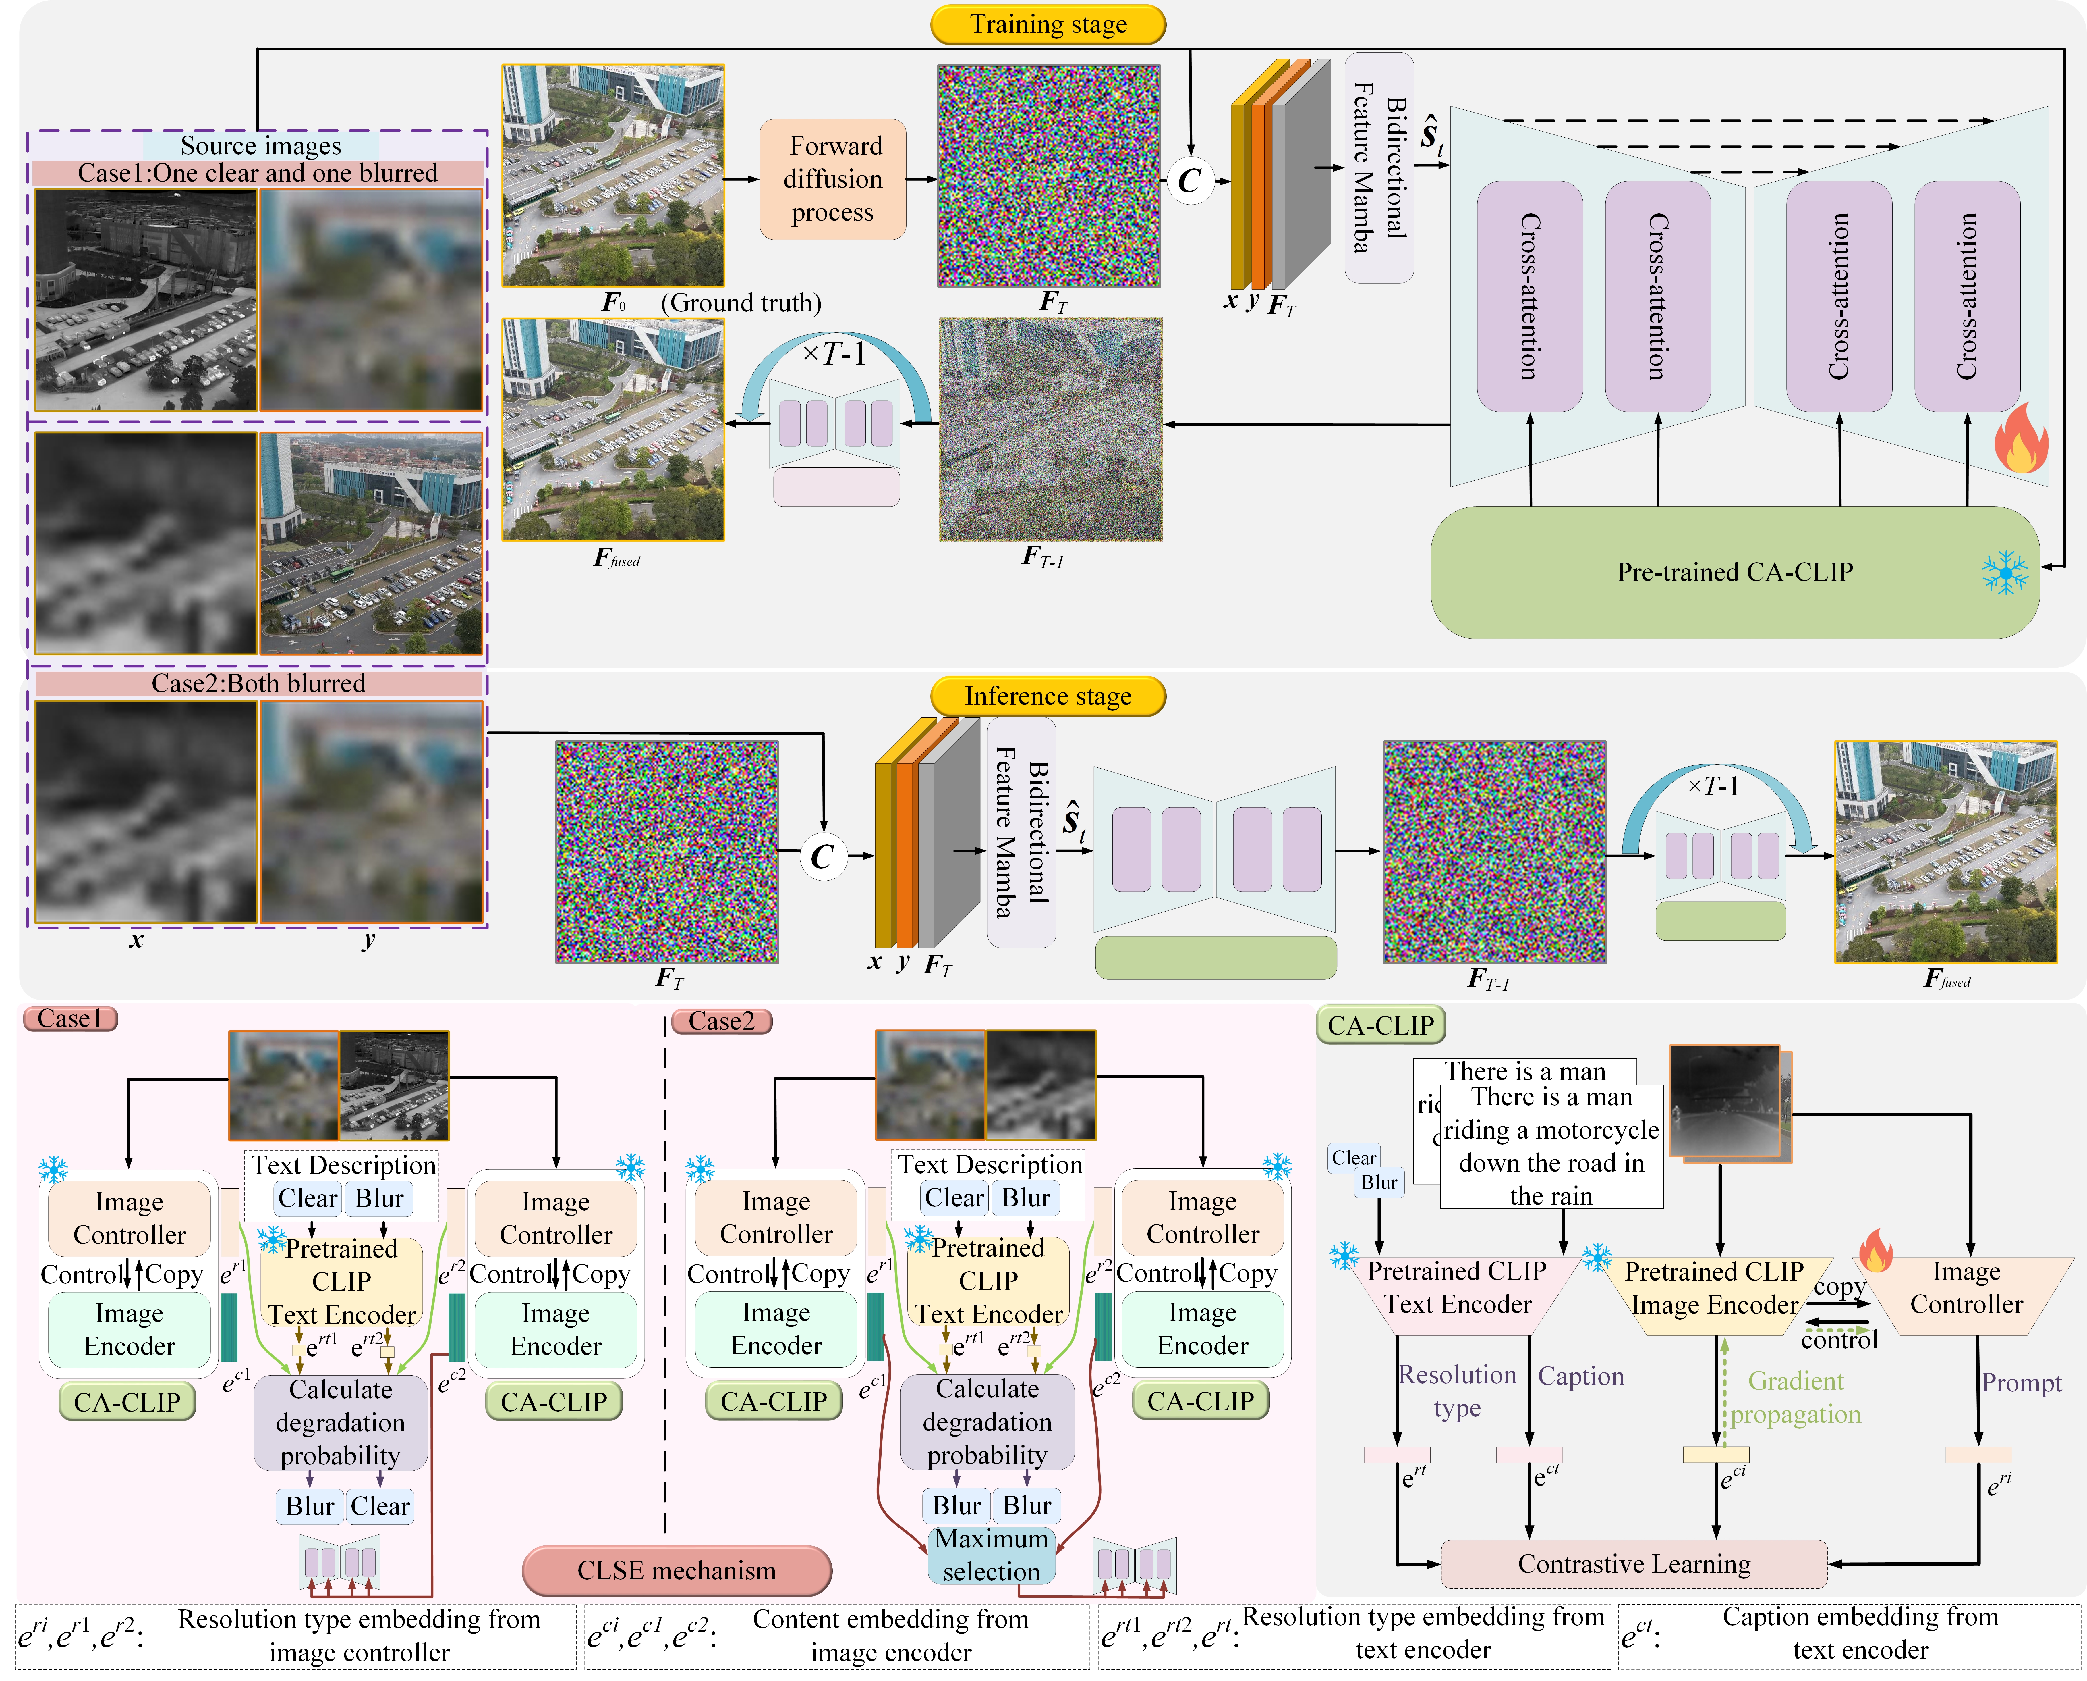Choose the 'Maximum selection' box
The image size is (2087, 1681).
pyautogui.click(x=991, y=1555)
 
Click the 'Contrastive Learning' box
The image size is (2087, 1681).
pyautogui.click(x=1634, y=1564)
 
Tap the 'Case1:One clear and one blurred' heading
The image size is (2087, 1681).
pyautogui.click(x=258, y=173)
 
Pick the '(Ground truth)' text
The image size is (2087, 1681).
pyautogui.click(x=741, y=303)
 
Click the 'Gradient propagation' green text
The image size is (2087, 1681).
pyautogui.click(x=1796, y=1397)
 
